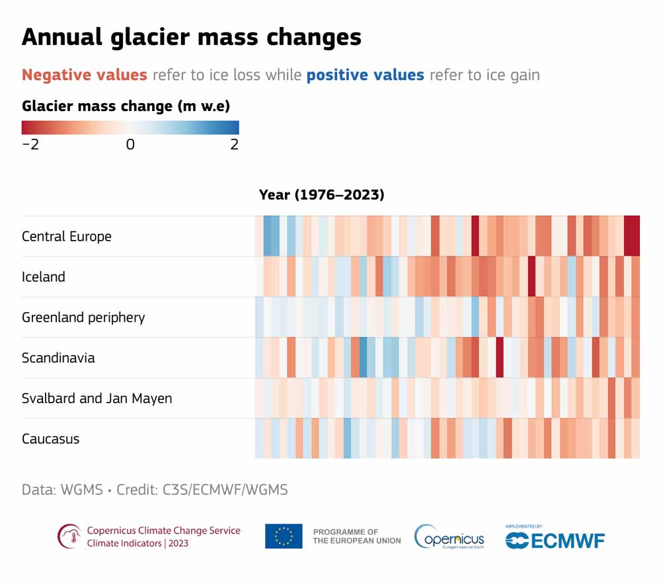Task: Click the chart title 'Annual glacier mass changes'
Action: (x=191, y=37)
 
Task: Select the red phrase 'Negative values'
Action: (x=85, y=75)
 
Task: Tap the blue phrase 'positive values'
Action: (x=365, y=75)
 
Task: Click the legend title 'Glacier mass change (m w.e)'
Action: (x=126, y=106)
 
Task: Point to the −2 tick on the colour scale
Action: (x=30, y=144)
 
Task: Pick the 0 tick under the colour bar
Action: (x=130, y=144)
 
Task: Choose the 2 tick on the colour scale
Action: (x=234, y=144)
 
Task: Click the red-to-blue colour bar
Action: (x=130, y=128)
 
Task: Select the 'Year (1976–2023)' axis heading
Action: (x=321, y=194)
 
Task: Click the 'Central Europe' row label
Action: (x=67, y=237)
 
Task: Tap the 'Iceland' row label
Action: (x=44, y=277)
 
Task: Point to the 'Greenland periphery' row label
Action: (x=83, y=317)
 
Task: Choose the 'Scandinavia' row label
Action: (x=58, y=358)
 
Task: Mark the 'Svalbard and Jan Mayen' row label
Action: (x=97, y=399)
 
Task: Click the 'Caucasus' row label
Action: (x=50, y=439)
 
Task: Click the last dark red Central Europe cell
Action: (x=632, y=236)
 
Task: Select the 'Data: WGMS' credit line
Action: (x=155, y=490)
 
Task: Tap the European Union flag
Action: (x=284, y=536)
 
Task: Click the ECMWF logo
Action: (x=555, y=539)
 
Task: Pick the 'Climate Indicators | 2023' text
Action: (x=137, y=543)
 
